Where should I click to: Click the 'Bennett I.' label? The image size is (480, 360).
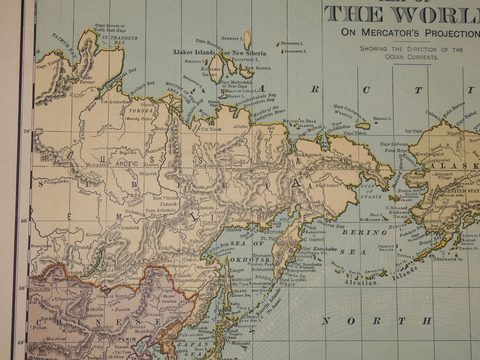pyautogui.click(x=232, y=39)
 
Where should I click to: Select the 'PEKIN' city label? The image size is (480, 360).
pyautogui.click(x=127, y=339)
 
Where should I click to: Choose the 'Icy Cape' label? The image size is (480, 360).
pyautogui.click(x=413, y=131)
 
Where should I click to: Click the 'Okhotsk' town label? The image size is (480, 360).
pyautogui.click(x=234, y=230)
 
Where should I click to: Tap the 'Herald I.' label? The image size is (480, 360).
pyautogui.click(x=382, y=119)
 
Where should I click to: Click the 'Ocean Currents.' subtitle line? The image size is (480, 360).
pyautogui.click(x=411, y=57)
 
